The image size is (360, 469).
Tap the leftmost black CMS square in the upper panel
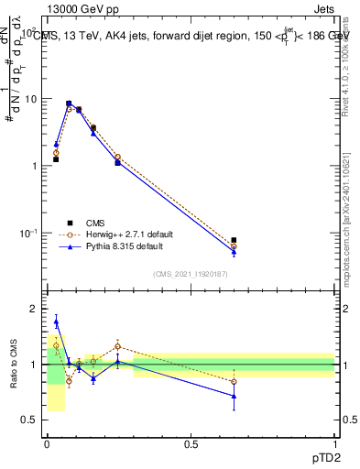56,159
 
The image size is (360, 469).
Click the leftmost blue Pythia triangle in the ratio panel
56,322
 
